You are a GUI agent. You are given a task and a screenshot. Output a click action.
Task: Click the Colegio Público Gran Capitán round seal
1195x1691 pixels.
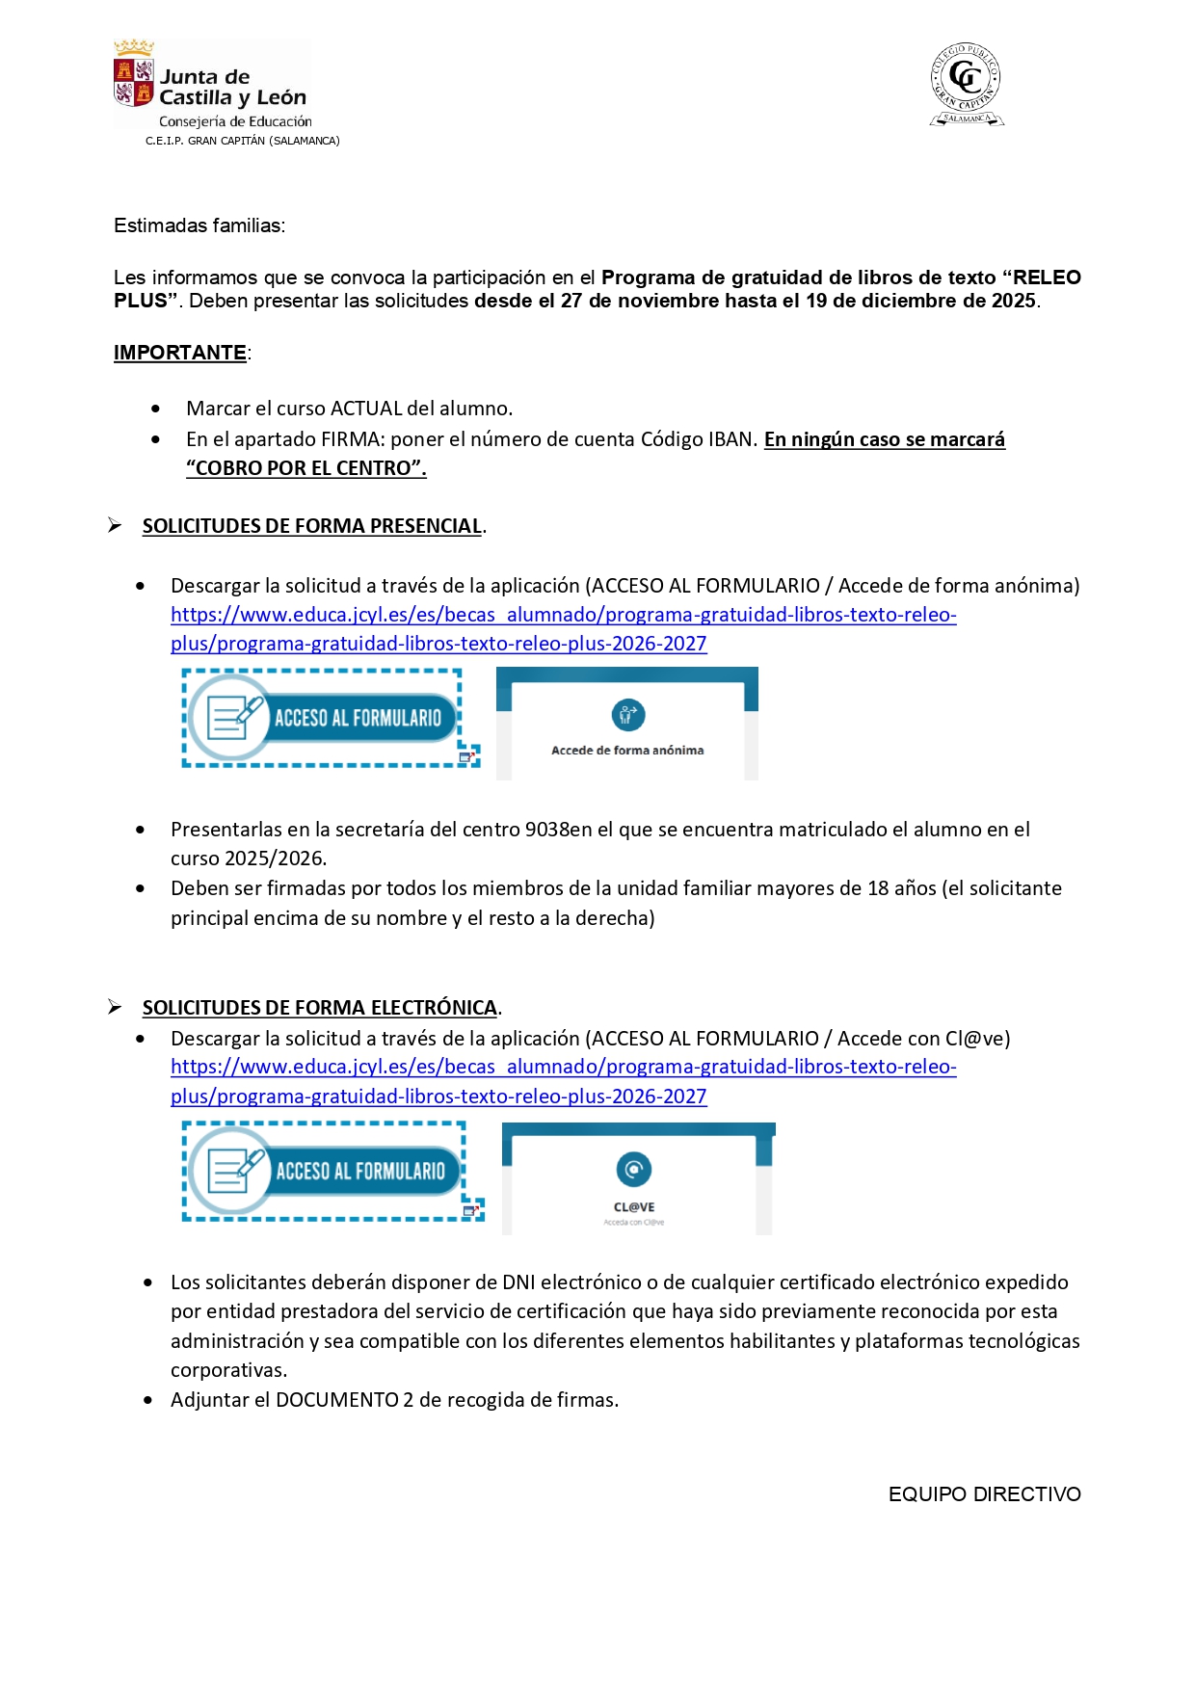click(966, 84)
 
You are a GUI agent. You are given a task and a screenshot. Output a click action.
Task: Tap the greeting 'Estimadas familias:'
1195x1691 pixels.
click(199, 225)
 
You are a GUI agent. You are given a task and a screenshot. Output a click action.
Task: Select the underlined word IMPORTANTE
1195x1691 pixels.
click(180, 353)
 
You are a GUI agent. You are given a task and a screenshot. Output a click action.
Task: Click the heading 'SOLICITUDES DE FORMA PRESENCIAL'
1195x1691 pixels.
click(311, 526)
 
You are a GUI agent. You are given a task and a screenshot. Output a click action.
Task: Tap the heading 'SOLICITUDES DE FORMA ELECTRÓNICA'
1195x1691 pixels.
click(319, 1008)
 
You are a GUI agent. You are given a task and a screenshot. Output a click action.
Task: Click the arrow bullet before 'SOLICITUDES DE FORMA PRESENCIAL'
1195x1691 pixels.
click(115, 525)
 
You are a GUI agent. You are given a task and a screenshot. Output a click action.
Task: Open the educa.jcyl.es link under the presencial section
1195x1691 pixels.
click(563, 615)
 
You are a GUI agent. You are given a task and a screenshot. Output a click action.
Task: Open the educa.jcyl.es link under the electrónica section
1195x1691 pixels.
click(563, 1068)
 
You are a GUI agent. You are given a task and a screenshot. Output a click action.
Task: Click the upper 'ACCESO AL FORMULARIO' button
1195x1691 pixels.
click(324, 718)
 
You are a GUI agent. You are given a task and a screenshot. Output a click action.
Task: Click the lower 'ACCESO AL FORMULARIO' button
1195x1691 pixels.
click(326, 1171)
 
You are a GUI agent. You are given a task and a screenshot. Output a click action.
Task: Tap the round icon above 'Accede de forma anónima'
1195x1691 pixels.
click(628, 715)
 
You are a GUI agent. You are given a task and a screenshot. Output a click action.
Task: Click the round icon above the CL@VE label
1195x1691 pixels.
click(634, 1170)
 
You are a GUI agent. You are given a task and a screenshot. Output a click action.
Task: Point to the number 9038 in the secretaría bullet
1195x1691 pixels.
click(546, 830)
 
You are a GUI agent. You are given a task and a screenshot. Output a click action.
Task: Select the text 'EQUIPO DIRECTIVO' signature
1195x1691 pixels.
click(984, 1494)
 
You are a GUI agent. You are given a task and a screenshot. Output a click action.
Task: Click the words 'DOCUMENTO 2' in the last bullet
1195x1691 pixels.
click(345, 1400)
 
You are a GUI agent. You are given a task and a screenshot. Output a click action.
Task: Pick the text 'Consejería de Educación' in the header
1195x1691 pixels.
click(235, 121)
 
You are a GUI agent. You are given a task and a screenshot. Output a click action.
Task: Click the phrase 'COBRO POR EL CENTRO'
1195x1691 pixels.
click(305, 468)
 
